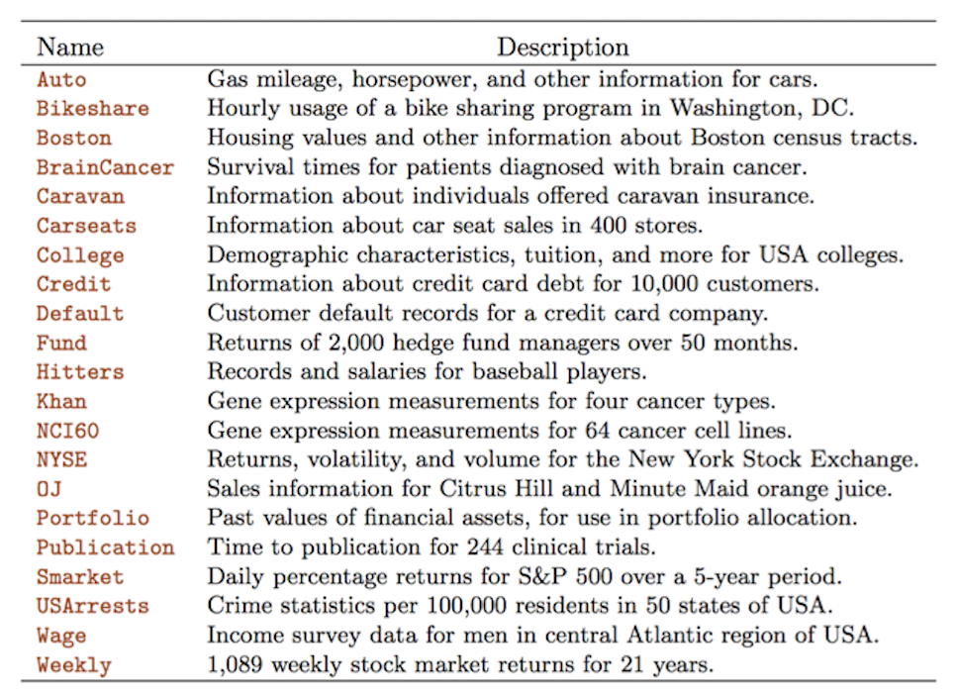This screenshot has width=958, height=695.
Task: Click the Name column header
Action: tap(70, 47)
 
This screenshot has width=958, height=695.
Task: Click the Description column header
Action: tap(562, 47)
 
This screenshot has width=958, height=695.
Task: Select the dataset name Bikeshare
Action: tap(93, 109)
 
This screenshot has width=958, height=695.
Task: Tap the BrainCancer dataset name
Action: tap(105, 167)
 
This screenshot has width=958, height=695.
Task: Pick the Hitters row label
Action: tap(80, 372)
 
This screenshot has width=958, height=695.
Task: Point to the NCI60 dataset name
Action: tap(68, 431)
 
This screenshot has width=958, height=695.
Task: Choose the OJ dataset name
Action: tap(49, 489)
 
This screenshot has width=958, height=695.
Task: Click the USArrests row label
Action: tap(93, 606)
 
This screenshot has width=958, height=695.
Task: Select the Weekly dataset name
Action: tap(74, 664)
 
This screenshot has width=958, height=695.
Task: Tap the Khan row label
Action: tap(61, 401)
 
